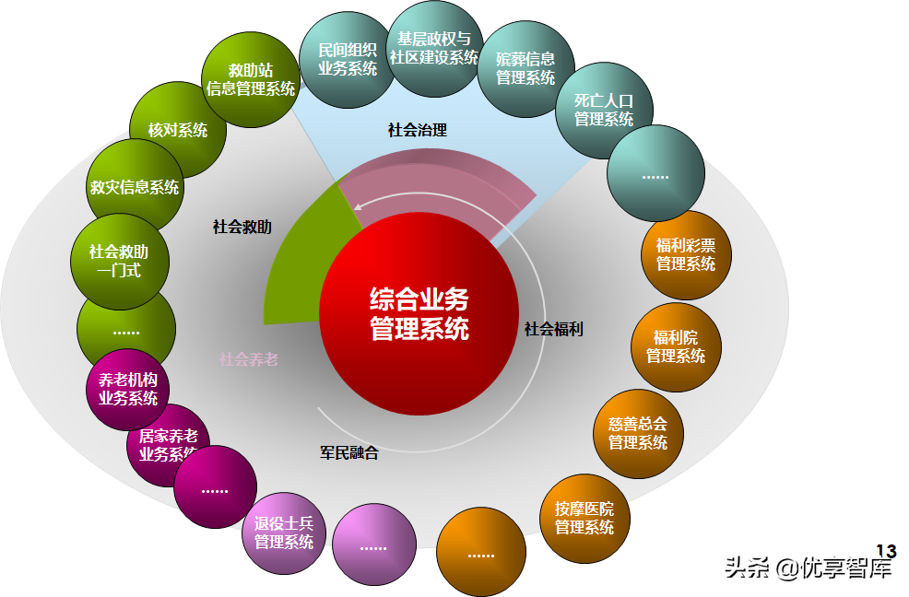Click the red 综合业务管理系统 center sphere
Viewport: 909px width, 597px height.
point(419,313)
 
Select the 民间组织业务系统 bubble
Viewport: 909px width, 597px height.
point(348,60)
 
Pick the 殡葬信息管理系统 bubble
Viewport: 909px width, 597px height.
point(525,69)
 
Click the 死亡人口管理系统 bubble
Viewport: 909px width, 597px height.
point(604,111)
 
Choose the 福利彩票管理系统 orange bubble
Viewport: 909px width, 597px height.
point(686,255)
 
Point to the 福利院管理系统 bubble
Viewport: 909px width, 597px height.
point(676,346)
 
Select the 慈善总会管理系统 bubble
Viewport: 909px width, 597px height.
point(638,434)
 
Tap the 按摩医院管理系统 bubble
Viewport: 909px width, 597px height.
point(584,518)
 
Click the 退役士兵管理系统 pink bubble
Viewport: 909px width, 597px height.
point(284,533)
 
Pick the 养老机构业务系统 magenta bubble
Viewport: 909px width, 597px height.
point(128,390)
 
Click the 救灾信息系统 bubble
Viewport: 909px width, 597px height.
point(135,187)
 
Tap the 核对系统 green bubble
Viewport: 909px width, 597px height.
point(178,130)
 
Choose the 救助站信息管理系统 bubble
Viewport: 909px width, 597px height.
point(251,80)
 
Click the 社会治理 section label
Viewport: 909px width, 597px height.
point(418,131)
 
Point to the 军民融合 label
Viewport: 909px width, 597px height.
point(349,452)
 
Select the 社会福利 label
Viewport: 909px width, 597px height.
point(554,329)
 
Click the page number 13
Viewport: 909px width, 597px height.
point(886,552)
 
